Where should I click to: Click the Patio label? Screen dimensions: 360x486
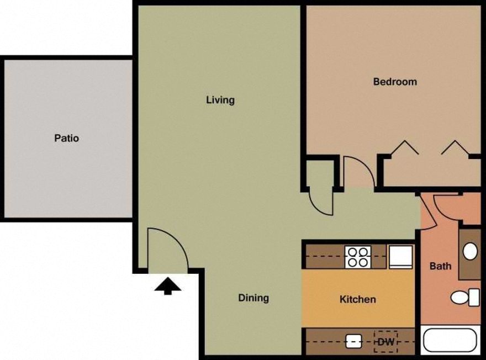click(66, 138)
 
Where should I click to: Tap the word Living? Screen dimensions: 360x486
click(220, 100)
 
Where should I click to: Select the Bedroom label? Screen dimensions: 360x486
click(395, 82)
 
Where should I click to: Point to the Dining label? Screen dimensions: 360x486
click(253, 298)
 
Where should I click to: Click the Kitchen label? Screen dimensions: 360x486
click(357, 299)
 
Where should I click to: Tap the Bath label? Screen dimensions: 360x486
click(440, 266)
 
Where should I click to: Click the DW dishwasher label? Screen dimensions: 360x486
click(386, 342)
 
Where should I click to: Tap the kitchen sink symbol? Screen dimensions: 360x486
click(353, 342)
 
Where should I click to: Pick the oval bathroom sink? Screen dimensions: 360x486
click(470, 252)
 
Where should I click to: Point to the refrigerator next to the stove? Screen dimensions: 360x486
click(401, 257)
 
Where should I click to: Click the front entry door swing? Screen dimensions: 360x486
click(166, 248)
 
